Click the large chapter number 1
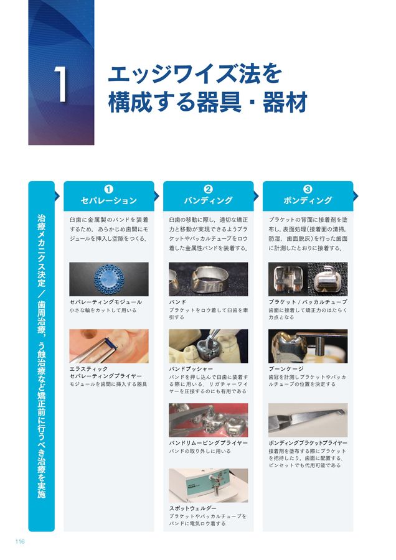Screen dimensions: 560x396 pyautogui.click(x=60, y=86)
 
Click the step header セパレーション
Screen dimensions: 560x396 pyautogui.click(x=108, y=201)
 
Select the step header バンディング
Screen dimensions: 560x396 pyautogui.click(x=208, y=201)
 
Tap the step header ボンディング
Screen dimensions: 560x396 pyautogui.click(x=308, y=201)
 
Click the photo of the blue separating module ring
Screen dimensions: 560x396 pyautogui.click(x=108, y=279)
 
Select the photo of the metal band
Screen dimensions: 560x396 pyautogui.click(x=208, y=279)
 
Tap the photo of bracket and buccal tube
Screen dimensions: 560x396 pyautogui.click(x=308, y=279)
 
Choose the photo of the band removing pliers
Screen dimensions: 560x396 pyautogui.click(x=208, y=420)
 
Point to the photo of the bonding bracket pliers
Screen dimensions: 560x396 pyautogui.click(x=308, y=420)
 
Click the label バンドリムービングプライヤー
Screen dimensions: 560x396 pyautogui.click(x=208, y=443)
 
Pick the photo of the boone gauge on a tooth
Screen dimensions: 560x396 pyautogui.click(x=308, y=346)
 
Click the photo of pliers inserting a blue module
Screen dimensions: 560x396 pyautogui.click(x=108, y=346)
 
